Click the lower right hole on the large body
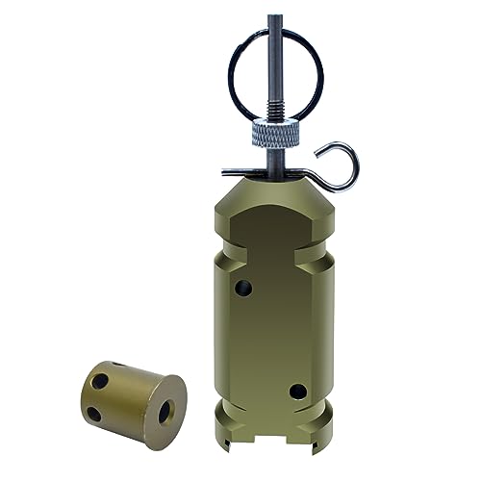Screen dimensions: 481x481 (297, 392)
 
